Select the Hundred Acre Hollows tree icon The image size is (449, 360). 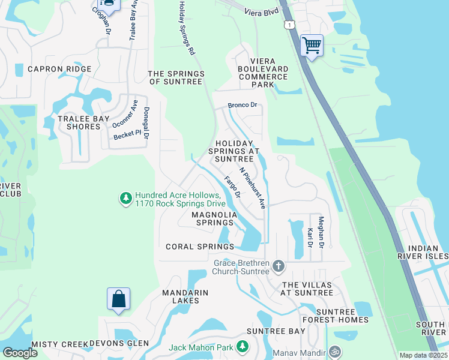[x=125, y=198]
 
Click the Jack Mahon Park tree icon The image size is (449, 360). [x=242, y=346]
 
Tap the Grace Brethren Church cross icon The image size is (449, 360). [x=277, y=265]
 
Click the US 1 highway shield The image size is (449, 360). [x=291, y=24]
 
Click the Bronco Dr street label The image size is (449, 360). [x=242, y=106]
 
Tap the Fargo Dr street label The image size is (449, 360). [x=232, y=187]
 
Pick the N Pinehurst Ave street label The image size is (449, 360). [x=252, y=187]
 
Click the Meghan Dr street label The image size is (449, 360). [x=321, y=233]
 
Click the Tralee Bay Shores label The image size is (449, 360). [x=83, y=122]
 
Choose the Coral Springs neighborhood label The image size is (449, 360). [x=199, y=247]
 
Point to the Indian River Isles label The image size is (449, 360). [x=427, y=252]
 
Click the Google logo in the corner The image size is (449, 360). [x=19, y=353]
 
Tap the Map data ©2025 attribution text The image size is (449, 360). [x=423, y=355]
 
